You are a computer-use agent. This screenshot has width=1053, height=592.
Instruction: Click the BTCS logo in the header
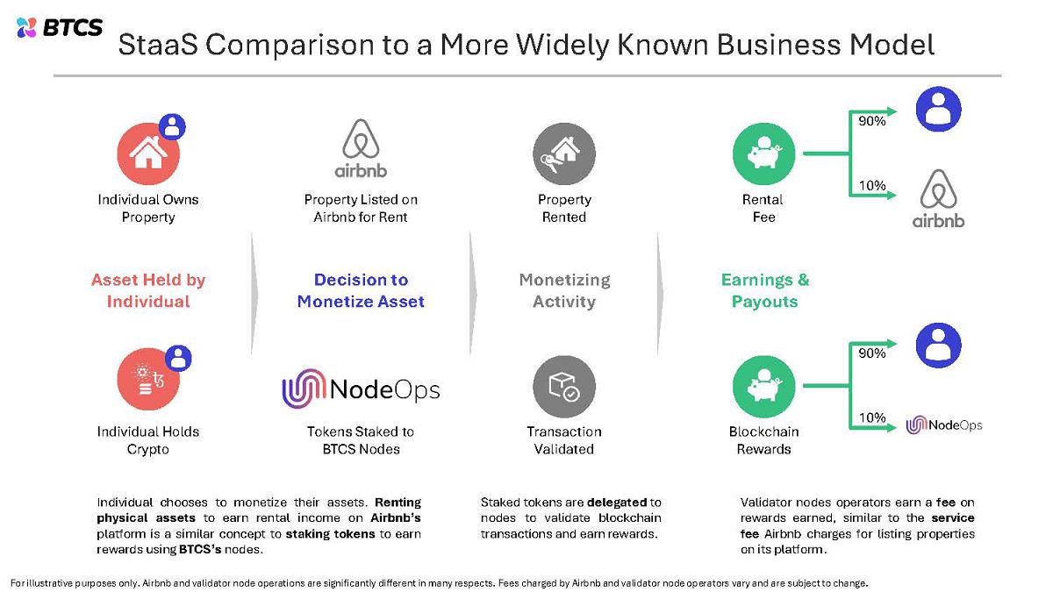[x=60, y=28]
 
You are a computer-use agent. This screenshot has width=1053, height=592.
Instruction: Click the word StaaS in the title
[x=158, y=45]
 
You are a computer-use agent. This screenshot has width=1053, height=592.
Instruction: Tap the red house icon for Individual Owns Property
[x=148, y=153]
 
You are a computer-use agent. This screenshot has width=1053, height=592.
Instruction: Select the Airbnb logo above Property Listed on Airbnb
[x=361, y=148]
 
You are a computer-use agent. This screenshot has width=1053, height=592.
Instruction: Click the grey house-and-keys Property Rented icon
[x=564, y=153]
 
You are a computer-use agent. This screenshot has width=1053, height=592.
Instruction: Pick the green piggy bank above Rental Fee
[x=764, y=153]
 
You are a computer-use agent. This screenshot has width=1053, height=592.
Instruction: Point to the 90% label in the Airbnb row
[x=872, y=121]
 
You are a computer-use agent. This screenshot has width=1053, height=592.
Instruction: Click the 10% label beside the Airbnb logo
[x=872, y=186]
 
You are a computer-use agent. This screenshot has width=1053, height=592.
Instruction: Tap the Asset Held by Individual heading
[x=148, y=290]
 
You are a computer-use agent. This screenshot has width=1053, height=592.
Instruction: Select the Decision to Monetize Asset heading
[x=361, y=290]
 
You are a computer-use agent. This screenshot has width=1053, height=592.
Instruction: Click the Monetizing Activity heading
[x=564, y=290]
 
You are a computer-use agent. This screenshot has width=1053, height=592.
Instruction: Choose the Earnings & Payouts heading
[x=765, y=290]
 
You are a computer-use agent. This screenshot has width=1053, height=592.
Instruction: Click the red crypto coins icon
[x=148, y=379]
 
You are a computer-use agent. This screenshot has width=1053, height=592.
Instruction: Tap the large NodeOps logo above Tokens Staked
[x=361, y=389]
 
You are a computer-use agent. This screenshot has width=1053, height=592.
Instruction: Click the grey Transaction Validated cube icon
[x=564, y=387]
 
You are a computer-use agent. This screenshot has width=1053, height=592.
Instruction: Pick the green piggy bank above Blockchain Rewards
[x=764, y=387]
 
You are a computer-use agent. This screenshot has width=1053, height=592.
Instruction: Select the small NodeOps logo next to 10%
[x=944, y=425]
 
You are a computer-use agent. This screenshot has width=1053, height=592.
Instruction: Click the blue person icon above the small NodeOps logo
[x=939, y=346]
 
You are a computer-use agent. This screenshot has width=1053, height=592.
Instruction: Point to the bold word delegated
[x=618, y=503]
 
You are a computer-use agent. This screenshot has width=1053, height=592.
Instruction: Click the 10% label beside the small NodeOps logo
[x=872, y=417]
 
